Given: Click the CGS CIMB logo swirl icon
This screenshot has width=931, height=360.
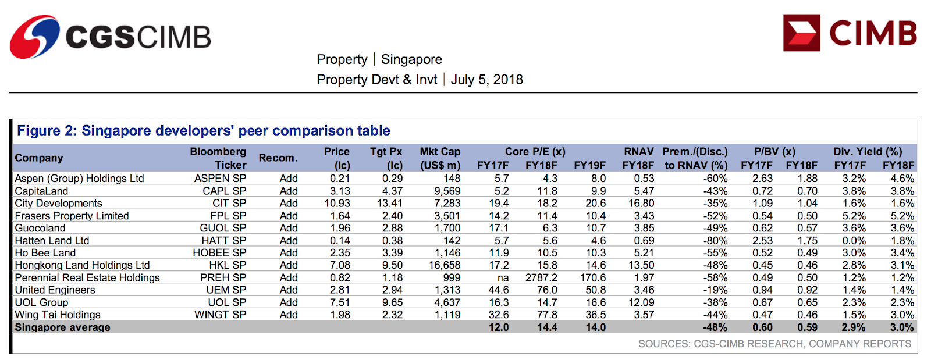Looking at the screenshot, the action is pyautogui.click(x=35, y=37).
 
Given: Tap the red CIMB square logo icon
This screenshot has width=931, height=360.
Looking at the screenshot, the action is pyautogui.click(x=801, y=33).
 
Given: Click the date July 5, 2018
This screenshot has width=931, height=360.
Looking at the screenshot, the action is pyautogui.click(x=486, y=79).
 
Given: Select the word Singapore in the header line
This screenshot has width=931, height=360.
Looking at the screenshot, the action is pyautogui.click(x=411, y=59).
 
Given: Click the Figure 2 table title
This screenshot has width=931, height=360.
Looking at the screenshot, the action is pyautogui.click(x=203, y=131).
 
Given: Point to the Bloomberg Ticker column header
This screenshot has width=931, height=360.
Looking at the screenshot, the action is pyautogui.click(x=218, y=158).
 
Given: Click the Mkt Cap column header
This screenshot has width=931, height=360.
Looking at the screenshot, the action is pyautogui.click(x=440, y=158).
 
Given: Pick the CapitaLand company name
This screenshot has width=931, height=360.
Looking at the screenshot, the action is pyautogui.click(x=41, y=191).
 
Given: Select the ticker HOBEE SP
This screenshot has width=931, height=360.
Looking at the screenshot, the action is pyautogui.click(x=219, y=253).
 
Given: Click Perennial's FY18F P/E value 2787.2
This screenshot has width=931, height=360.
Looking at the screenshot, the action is pyautogui.click(x=541, y=277).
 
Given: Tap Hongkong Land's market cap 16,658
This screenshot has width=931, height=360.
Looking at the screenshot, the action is pyautogui.click(x=445, y=265).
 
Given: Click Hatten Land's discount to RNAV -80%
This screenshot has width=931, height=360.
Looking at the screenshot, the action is pyautogui.click(x=715, y=241).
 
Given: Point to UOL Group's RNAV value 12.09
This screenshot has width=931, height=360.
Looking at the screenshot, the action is pyautogui.click(x=641, y=302).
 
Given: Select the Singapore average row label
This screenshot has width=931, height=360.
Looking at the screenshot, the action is pyautogui.click(x=62, y=327).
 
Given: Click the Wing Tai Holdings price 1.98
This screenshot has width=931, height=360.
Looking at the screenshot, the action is pyautogui.click(x=340, y=315).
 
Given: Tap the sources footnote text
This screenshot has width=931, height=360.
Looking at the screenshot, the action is pyautogui.click(x=774, y=344).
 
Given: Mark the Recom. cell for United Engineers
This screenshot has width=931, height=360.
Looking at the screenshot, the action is pyautogui.click(x=289, y=290).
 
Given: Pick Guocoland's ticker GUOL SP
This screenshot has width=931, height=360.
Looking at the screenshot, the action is pyautogui.click(x=223, y=228).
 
